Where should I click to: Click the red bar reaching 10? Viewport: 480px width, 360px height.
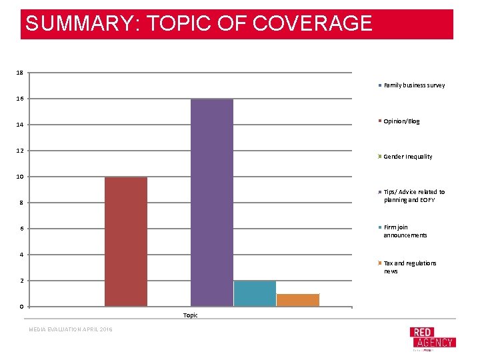coord(126,241)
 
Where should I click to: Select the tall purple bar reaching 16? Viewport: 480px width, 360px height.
coord(212,202)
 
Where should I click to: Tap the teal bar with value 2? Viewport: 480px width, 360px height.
coord(255,293)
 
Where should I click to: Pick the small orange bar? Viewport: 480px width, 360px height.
coord(297,300)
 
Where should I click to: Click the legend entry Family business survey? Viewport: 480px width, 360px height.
coord(413,85)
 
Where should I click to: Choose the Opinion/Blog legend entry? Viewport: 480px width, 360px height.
coord(401,121)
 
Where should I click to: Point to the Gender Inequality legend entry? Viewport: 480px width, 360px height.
coord(407,157)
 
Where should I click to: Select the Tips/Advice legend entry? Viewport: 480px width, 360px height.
coord(413,196)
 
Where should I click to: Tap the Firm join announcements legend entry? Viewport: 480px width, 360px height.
coord(405,231)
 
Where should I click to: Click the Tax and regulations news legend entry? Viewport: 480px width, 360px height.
coord(409,267)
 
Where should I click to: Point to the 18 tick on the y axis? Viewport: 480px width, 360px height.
coord(19,72)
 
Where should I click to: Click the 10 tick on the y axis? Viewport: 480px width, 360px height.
coord(19,177)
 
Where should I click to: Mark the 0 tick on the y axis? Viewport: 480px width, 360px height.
coord(21,307)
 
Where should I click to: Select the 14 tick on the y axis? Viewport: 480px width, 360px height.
coord(19,125)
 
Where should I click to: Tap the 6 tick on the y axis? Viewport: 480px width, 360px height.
coord(21,229)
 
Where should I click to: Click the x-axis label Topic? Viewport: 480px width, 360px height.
coord(191,315)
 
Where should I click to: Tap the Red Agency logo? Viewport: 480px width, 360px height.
coord(432,338)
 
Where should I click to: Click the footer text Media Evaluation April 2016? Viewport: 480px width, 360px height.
coord(70,329)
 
